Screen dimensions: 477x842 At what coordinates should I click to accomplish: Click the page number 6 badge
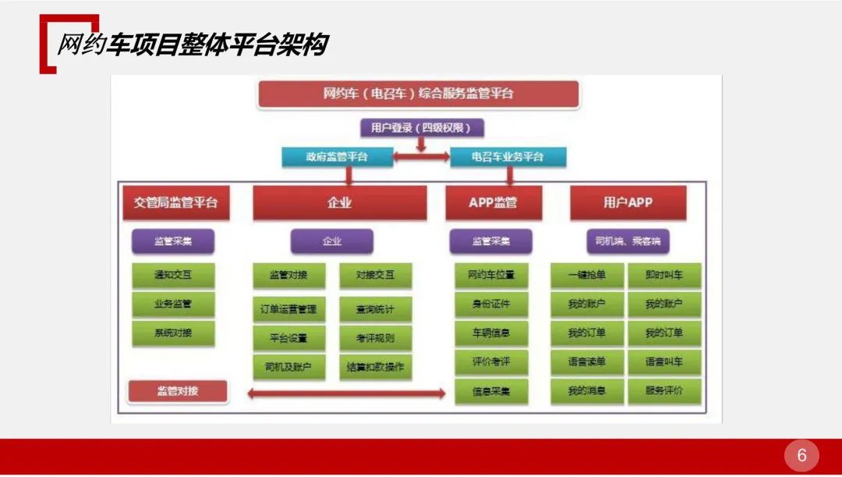coord(801,455)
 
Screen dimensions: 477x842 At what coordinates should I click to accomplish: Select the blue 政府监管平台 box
coord(337,157)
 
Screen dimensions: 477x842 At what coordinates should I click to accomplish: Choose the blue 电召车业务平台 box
coord(508,157)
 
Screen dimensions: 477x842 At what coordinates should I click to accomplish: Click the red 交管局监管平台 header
coord(175,203)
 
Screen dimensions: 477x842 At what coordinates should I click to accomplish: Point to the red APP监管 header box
coord(493,203)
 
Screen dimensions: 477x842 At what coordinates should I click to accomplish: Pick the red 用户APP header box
coord(628,203)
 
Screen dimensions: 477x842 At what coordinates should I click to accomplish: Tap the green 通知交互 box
coord(173,275)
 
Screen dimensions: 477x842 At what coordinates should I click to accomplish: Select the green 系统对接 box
coord(173,333)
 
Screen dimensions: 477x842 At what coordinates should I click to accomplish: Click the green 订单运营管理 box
coord(288,309)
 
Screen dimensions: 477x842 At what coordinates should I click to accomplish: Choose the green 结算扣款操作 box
coord(375,366)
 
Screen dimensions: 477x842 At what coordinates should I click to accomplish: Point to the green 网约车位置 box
coord(491,275)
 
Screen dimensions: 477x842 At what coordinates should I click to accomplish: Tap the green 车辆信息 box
coord(491,333)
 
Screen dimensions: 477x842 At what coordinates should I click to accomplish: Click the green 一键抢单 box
coord(587,275)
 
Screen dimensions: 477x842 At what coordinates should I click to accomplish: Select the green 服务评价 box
coord(663,390)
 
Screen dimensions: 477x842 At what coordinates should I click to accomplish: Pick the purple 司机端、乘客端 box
coord(628,241)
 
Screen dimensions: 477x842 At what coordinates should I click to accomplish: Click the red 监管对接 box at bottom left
coord(177,390)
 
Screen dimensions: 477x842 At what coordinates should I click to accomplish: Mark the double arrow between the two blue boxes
coord(421,157)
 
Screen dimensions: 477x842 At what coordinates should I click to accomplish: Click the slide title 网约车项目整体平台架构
coord(192,45)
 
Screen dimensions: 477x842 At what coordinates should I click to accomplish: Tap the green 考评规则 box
coord(375,338)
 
